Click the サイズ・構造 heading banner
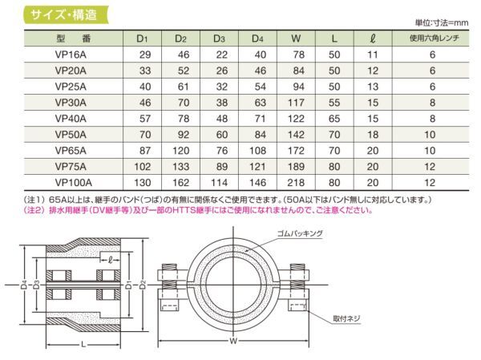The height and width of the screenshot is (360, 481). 66,14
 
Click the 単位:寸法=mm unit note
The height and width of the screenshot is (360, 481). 442,22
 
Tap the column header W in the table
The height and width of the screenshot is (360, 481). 296,38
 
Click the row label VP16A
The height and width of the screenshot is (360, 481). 71,55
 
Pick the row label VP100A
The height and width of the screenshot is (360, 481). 73,183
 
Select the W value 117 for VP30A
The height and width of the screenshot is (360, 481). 296,103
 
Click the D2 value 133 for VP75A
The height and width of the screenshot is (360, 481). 180,166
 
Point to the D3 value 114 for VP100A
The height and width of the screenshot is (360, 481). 219,183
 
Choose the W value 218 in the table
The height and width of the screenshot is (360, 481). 296,183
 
